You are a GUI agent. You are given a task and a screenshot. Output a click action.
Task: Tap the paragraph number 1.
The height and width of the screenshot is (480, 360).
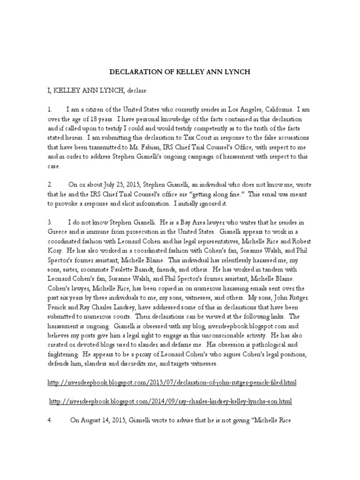point(49,109)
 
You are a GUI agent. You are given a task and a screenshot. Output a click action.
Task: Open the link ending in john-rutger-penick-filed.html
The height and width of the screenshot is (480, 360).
point(172,383)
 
